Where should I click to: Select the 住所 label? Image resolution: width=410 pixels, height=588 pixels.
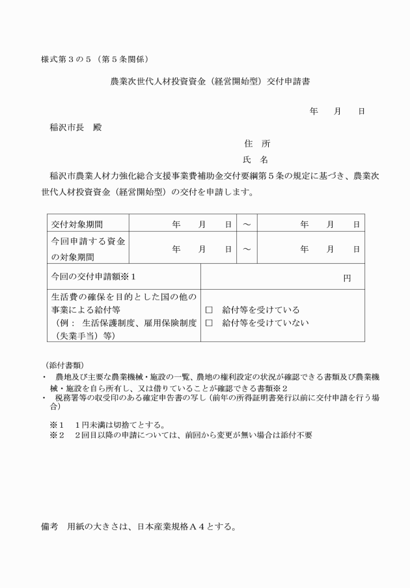pyautogui.click(x=257, y=143)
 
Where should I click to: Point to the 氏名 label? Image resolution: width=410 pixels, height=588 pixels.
pyautogui.click(x=256, y=160)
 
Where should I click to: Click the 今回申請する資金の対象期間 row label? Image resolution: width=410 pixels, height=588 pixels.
pyautogui.click(x=89, y=249)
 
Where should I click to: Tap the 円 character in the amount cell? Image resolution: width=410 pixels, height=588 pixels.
pyautogui.click(x=347, y=278)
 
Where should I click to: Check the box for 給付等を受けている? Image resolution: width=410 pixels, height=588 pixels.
pyautogui.click(x=210, y=310)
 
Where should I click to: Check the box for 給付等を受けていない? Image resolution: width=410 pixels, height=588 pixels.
pyautogui.click(x=210, y=322)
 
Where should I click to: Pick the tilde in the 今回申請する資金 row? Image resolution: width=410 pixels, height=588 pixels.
pyautogui.click(x=247, y=249)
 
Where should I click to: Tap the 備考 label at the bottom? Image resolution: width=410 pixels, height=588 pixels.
pyautogui.click(x=49, y=525)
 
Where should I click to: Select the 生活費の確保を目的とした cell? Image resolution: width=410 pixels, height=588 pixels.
pyautogui.click(x=124, y=316)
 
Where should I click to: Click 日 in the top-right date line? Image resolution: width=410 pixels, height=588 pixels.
pyautogui.click(x=361, y=111)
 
